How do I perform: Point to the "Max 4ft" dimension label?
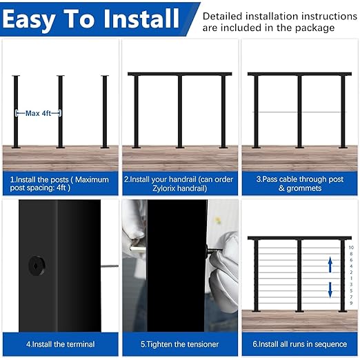pos(39,114)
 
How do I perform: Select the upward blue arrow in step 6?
pos(330,263)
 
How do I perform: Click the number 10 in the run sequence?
pos(351,246)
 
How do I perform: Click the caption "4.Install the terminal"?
pos(61,343)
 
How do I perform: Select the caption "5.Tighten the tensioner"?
pos(180,343)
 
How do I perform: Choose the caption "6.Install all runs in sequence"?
pos(299,343)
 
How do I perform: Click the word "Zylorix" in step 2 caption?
pos(148,188)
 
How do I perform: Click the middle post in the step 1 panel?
pos(60,110)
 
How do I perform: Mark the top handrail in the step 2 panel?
pos(179,74)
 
